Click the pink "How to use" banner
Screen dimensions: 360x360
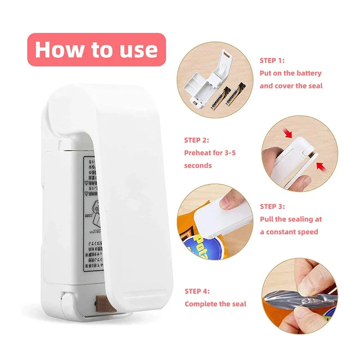tap(96, 49)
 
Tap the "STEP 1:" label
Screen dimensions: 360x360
tap(272, 60)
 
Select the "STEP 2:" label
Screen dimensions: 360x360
tap(196, 140)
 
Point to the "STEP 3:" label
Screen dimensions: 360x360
tap(272, 207)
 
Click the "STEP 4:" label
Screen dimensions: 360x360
tap(197, 291)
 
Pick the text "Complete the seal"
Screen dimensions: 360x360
tap(216, 304)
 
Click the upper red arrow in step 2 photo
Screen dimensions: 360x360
tap(288, 134)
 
